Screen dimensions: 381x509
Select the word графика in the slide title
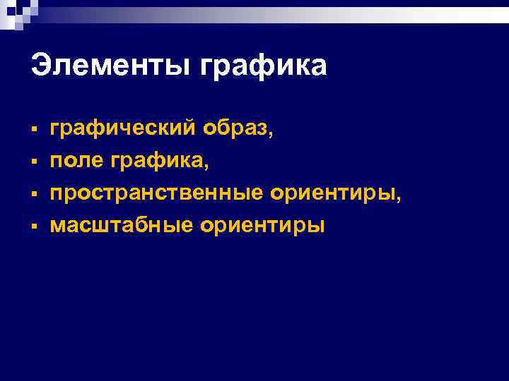pyautogui.click(x=264, y=68)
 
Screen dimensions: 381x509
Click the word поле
pyautogui.click(x=76, y=161)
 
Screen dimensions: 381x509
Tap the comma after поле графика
pyautogui.click(x=206, y=167)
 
